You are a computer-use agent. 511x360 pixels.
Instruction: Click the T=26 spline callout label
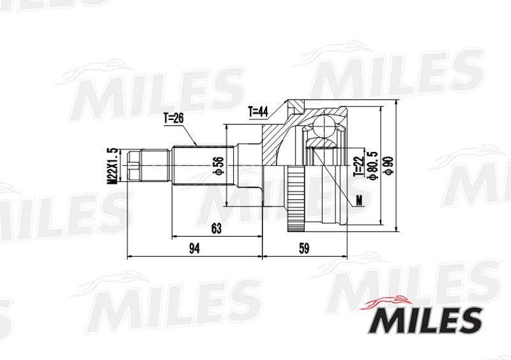(x=173, y=119)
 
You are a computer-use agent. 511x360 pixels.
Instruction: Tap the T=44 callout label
(x=258, y=112)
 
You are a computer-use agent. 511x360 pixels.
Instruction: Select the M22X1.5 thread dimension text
(x=113, y=166)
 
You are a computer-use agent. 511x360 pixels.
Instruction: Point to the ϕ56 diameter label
(x=219, y=166)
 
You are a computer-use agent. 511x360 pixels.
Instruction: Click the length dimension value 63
(x=217, y=229)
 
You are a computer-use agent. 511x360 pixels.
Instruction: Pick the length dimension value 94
(x=195, y=248)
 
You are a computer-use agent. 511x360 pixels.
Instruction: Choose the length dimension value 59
(x=304, y=248)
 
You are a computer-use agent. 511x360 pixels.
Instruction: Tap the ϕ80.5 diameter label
(x=372, y=166)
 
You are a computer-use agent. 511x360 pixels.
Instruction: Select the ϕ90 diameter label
(x=389, y=166)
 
